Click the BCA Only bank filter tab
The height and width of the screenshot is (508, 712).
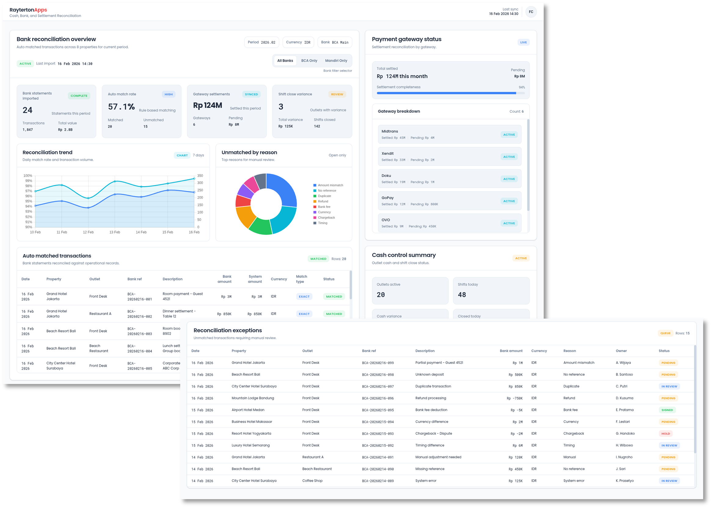[x=309, y=61]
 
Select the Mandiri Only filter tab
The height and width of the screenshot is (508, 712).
[x=336, y=61]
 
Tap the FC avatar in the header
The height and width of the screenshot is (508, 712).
[x=531, y=12]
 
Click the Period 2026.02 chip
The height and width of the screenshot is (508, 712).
[x=261, y=42]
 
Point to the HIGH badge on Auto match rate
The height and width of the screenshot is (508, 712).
[x=168, y=94]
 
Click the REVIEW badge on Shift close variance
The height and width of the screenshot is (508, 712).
[x=337, y=94]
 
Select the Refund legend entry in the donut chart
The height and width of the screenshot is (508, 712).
[x=323, y=201]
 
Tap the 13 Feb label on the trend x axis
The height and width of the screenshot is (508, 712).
[x=115, y=232]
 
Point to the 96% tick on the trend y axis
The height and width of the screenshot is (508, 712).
[x=29, y=196]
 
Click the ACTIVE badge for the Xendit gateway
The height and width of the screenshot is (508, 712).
[x=509, y=157]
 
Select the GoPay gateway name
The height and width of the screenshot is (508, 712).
[x=387, y=198]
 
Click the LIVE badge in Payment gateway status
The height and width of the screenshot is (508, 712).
[x=523, y=42]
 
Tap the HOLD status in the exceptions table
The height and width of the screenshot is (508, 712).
[x=665, y=434]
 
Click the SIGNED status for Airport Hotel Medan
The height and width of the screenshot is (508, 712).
[x=667, y=410]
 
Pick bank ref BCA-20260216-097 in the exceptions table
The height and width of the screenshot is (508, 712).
[x=378, y=387]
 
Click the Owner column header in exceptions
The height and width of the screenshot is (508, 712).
[x=621, y=351]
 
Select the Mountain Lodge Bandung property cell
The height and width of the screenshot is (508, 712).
[x=253, y=398]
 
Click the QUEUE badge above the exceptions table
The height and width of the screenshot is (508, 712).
[x=665, y=334]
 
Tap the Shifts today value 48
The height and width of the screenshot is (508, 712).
[x=462, y=295]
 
